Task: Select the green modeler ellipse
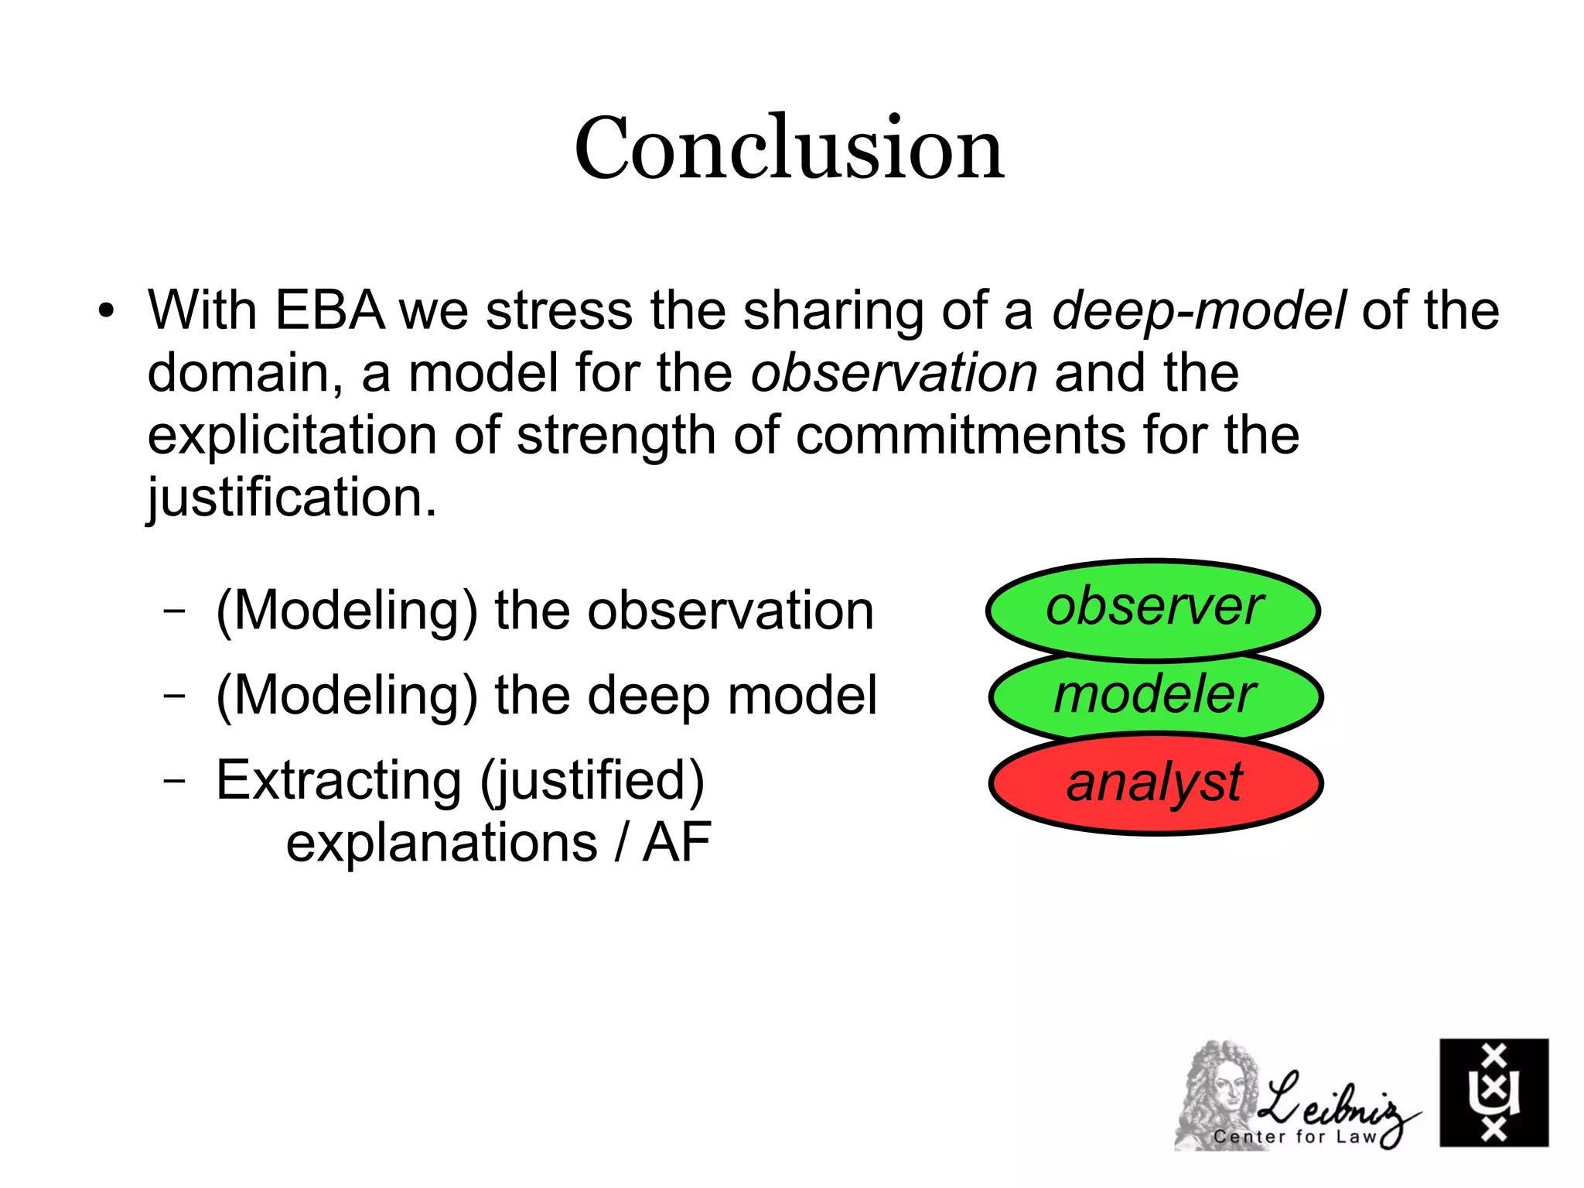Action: click(1155, 694)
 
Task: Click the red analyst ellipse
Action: click(1155, 783)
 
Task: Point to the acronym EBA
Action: click(329, 311)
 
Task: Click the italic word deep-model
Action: click(1198, 311)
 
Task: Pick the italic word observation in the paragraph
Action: click(894, 373)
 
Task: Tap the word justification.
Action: click(292, 498)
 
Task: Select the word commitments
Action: click(961, 435)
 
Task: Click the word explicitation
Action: click(292, 435)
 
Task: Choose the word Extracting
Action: click(338, 780)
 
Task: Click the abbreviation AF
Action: click(677, 843)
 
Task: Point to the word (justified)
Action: click(592, 780)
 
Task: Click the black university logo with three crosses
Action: click(1494, 1092)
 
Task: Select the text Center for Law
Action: click(1296, 1136)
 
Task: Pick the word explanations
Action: click(442, 843)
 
